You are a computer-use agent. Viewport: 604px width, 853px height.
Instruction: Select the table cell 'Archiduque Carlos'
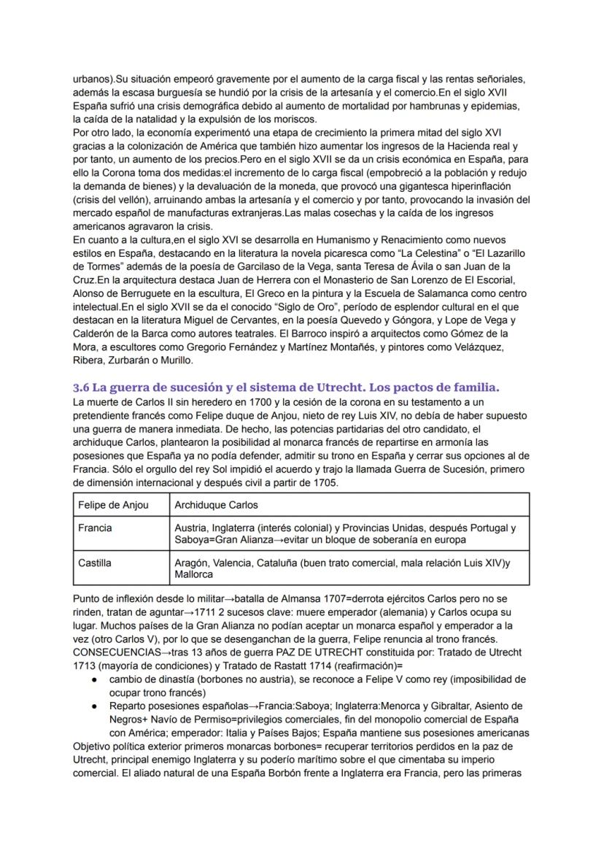[216, 505]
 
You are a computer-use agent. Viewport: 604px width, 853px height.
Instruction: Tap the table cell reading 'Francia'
[96, 528]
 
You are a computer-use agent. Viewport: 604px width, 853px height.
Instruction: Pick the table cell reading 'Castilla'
[96, 563]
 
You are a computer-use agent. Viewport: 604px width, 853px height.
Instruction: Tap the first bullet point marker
[95, 679]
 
